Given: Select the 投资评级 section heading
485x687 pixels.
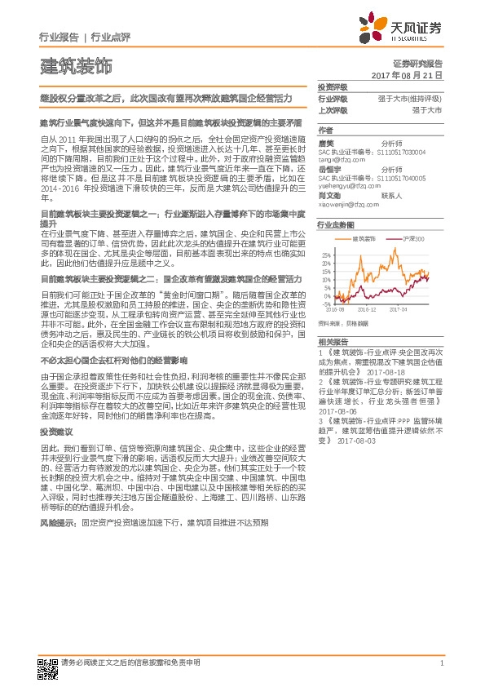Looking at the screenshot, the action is tap(332, 86).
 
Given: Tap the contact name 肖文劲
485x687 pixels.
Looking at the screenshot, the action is tap(328, 196).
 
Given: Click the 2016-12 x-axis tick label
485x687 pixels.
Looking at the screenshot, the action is tap(368, 310).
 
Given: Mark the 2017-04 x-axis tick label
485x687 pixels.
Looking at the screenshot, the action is tap(398, 310).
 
